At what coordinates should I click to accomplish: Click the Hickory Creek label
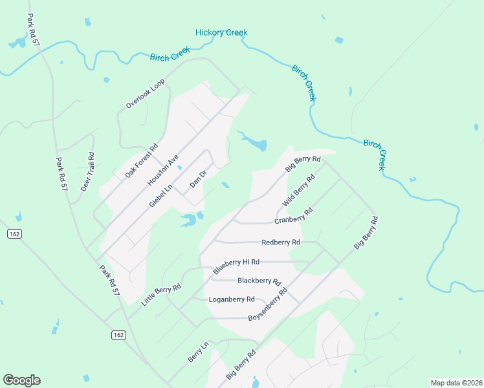point(221,32)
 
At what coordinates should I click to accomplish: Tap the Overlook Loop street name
point(146,93)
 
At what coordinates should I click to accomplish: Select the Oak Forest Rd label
point(142,162)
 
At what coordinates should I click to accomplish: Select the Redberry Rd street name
point(281,242)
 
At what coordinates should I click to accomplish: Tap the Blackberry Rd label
point(259,281)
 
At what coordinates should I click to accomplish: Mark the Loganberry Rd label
point(232,299)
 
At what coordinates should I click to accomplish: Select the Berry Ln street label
point(198,352)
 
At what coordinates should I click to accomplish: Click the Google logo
point(21,380)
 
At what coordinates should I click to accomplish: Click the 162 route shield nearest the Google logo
point(118,334)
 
